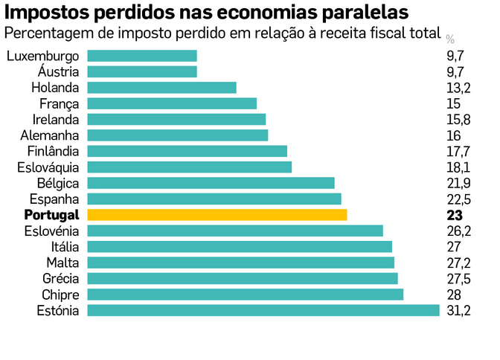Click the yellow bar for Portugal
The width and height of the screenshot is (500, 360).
(x=217, y=215)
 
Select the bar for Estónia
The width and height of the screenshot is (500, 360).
(x=263, y=310)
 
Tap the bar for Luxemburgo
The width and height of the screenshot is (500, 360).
(x=141, y=56)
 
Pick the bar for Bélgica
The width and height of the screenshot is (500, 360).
(x=211, y=183)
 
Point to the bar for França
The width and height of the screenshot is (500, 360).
(x=171, y=103)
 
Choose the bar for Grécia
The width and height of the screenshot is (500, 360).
(x=242, y=278)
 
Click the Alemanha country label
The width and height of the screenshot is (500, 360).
(x=51, y=135)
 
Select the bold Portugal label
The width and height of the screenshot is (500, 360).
(x=51, y=215)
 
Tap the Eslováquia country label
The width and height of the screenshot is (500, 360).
(x=48, y=167)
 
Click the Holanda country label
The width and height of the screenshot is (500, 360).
(x=54, y=88)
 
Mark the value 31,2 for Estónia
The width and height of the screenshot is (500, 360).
(x=458, y=310)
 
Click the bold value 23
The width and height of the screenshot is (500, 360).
(x=455, y=215)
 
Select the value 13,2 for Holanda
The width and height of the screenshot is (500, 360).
(x=458, y=88)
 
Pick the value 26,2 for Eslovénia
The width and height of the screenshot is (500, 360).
(x=458, y=231)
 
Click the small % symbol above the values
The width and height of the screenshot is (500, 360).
(x=450, y=39)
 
